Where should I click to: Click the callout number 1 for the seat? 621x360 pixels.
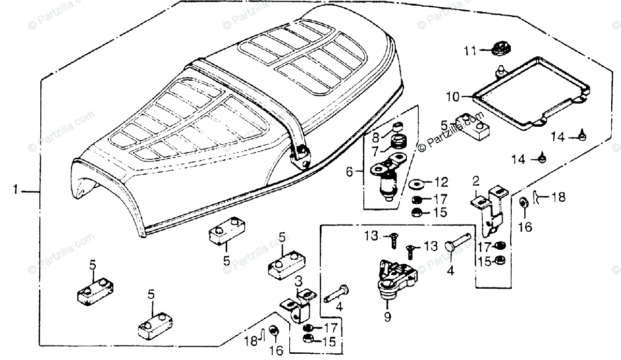(x=16, y=191)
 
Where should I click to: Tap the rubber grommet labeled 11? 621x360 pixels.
(x=499, y=50)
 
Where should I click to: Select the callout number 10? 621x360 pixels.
(x=452, y=96)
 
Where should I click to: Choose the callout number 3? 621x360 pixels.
(x=299, y=281)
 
